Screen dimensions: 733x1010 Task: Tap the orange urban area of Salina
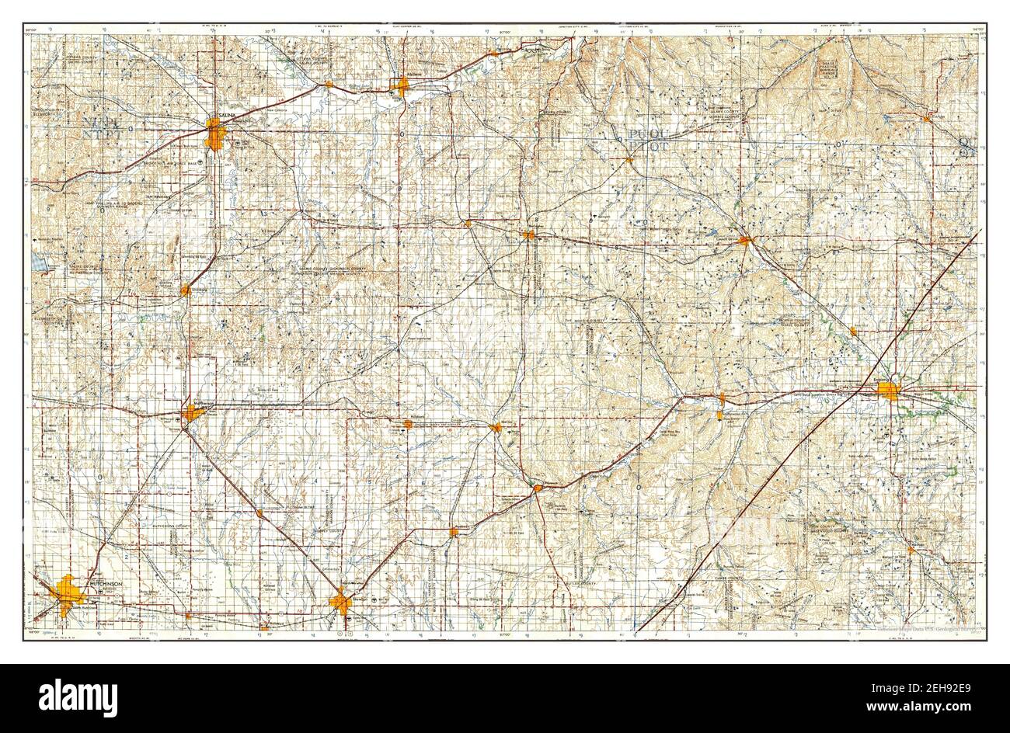(x=216, y=135)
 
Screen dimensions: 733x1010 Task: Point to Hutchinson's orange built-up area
(x=68, y=593)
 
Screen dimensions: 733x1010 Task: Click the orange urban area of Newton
(x=340, y=601)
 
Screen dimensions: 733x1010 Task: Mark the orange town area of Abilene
(x=402, y=85)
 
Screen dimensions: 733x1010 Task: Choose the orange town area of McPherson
(x=191, y=412)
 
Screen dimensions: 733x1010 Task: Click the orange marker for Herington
(x=529, y=234)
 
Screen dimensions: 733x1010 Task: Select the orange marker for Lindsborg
(x=185, y=290)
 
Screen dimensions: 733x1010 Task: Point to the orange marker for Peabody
(x=454, y=532)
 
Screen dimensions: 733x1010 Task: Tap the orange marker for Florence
(x=538, y=488)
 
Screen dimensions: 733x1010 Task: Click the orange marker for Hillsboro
(x=409, y=424)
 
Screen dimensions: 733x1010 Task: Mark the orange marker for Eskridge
(x=927, y=118)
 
